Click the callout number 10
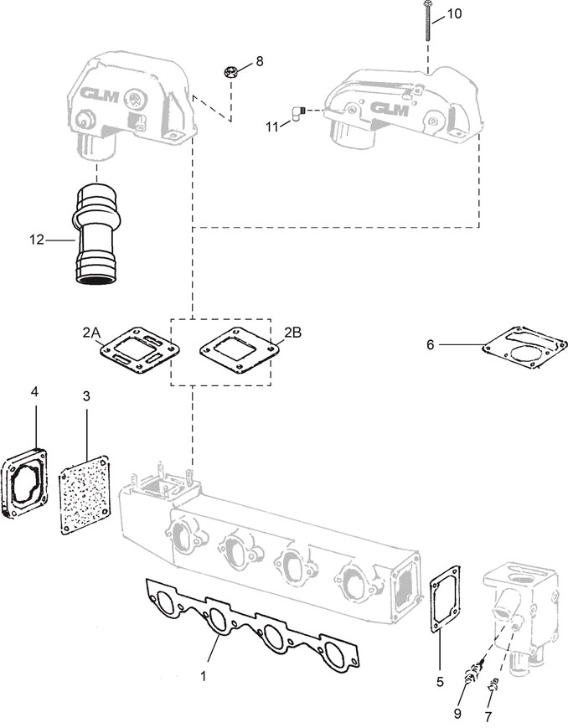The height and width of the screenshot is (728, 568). pos(454,14)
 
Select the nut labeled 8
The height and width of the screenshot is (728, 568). pos(230,72)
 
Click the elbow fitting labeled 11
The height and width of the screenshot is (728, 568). pos(297,113)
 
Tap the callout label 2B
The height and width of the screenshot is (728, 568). pos(293,333)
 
